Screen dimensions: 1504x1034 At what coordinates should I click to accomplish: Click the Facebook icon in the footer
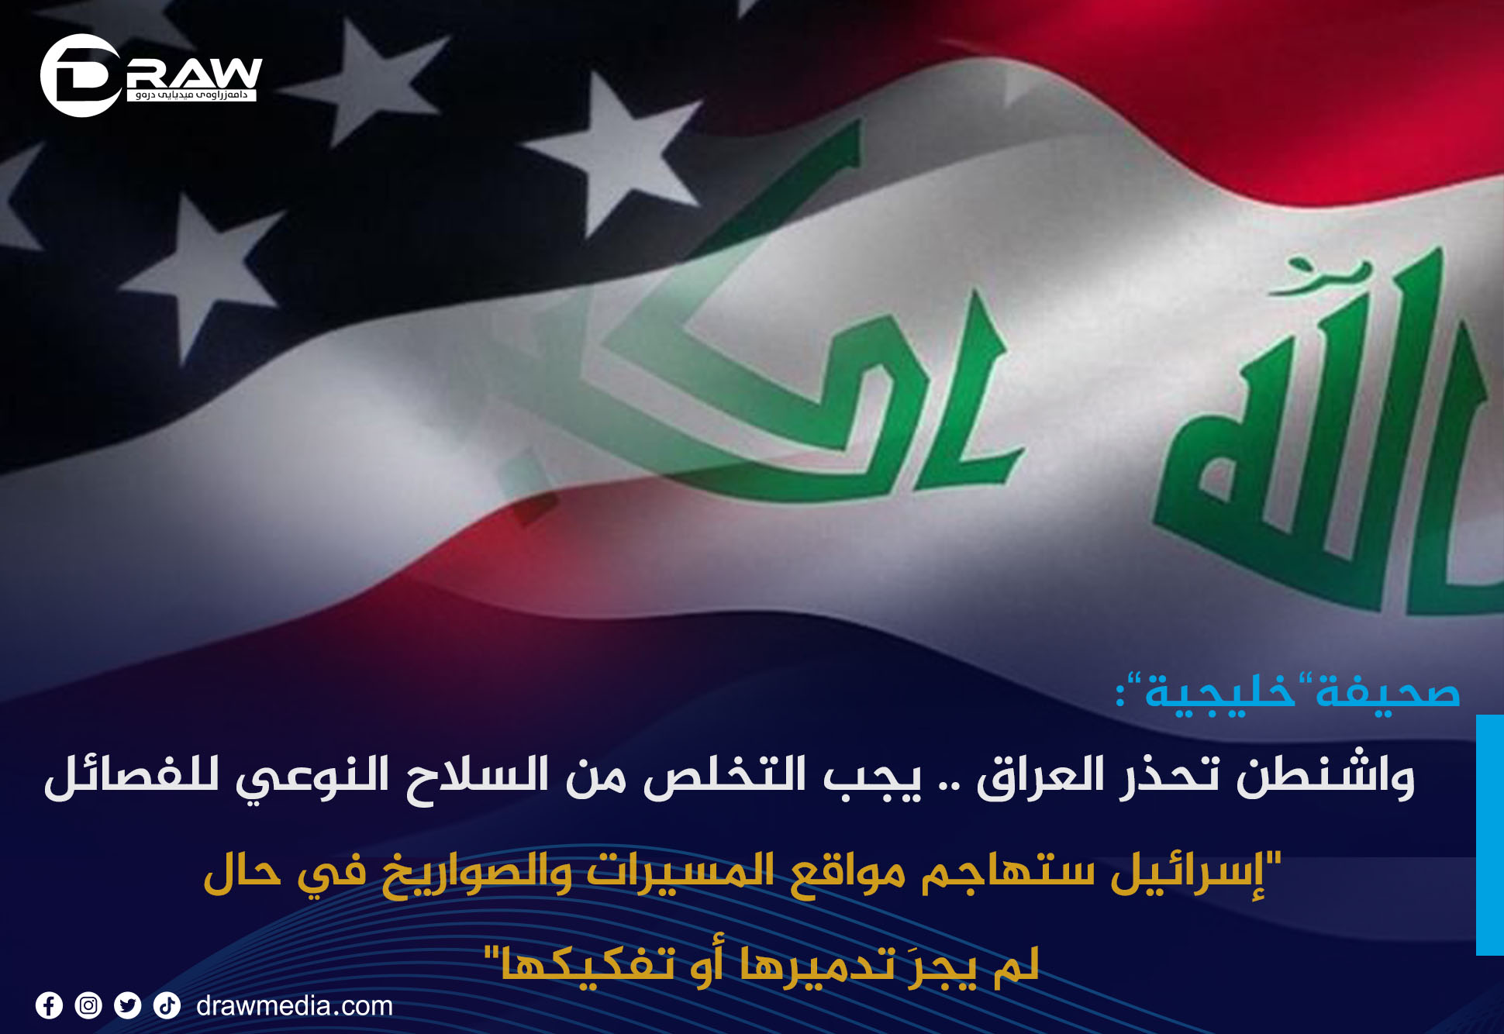(x=49, y=1006)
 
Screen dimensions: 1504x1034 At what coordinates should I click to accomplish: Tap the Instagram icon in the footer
(x=88, y=1006)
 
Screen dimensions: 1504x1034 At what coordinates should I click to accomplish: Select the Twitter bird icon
(x=128, y=1006)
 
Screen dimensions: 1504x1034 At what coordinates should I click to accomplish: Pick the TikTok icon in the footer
(x=167, y=1006)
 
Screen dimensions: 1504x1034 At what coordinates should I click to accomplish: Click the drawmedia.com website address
(x=295, y=1006)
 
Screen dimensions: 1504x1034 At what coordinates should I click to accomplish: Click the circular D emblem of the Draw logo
(x=81, y=75)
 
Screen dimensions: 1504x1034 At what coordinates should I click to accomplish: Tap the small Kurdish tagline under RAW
(x=191, y=95)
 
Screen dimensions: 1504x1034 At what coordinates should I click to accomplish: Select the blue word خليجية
(x=1220, y=691)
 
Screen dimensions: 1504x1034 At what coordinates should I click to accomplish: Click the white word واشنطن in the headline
(x=1326, y=777)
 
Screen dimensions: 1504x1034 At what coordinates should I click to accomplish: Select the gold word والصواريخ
(x=477, y=872)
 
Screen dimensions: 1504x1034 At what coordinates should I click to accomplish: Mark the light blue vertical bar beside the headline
(x=1490, y=835)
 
